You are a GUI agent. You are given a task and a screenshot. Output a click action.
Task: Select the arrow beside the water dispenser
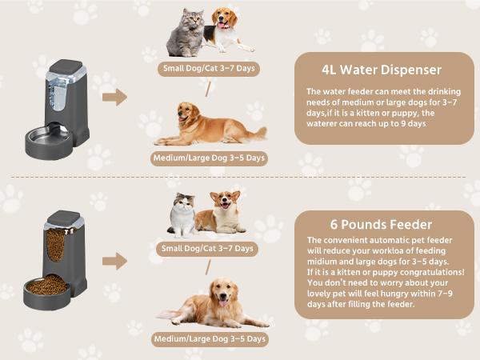click(x=115, y=98)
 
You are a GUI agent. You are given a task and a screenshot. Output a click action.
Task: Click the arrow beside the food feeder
click(x=115, y=260)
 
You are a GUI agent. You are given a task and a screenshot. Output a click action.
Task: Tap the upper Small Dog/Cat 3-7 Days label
click(x=209, y=69)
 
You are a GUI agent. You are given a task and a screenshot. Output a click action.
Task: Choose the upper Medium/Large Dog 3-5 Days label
click(x=209, y=158)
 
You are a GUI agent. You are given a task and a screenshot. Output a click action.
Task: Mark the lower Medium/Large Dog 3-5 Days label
click(x=210, y=339)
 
